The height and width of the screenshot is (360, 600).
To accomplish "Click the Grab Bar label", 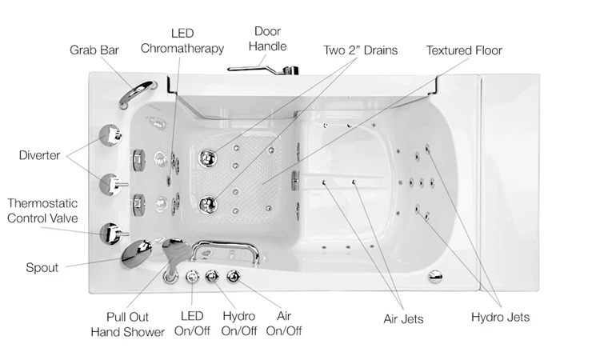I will (95, 50).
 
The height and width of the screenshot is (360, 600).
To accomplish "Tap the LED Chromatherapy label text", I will (182, 41).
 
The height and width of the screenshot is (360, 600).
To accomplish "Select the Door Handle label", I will (267, 38).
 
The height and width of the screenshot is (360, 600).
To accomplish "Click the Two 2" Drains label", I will (360, 50).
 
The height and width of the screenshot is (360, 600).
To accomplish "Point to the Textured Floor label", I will (464, 50).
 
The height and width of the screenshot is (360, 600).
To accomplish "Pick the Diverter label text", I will (39, 155).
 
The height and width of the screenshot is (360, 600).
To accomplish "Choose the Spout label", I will (42, 268).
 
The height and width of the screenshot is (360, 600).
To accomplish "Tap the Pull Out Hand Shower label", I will (138, 324).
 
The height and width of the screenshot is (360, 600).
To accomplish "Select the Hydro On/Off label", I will (238, 323).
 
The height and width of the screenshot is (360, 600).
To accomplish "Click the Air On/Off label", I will (284, 323).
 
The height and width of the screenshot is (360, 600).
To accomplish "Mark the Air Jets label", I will (403, 319).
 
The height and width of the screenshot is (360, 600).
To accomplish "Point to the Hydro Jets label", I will (499, 319).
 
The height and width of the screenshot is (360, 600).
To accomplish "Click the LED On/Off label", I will (192, 323).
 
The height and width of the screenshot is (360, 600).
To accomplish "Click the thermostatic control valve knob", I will (109, 234).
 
